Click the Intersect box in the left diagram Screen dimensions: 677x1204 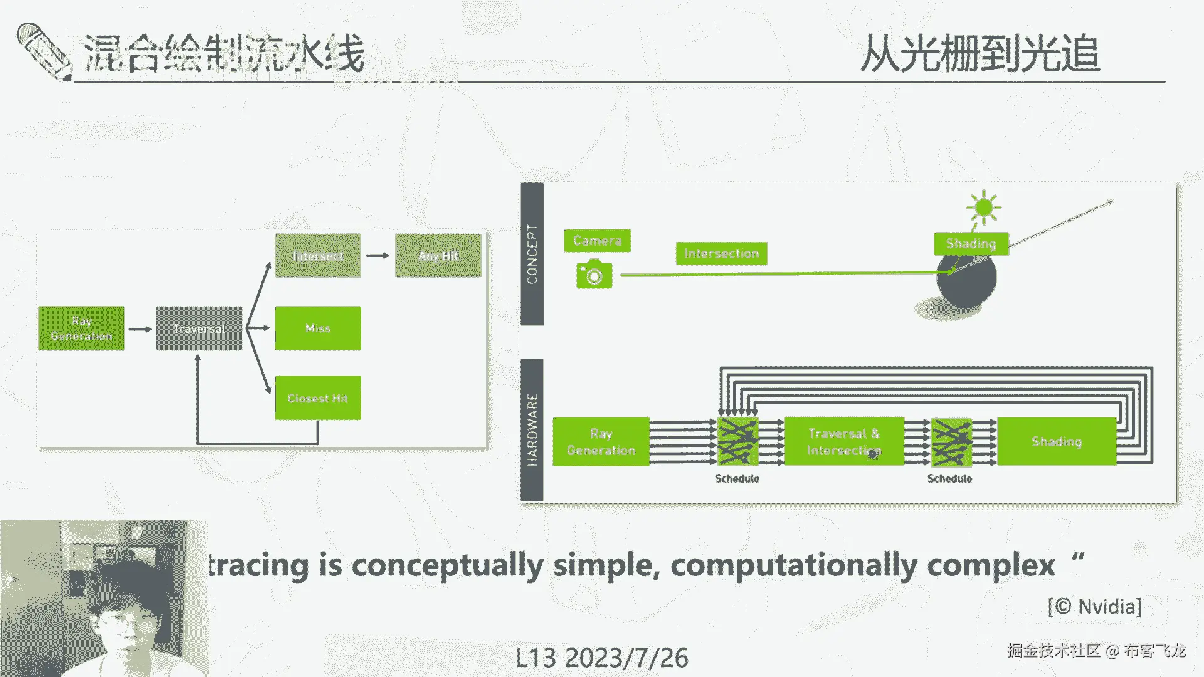(318, 256)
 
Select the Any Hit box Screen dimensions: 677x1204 (438, 256)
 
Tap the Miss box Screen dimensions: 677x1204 (318, 328)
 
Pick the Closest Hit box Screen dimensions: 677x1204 (318, 398)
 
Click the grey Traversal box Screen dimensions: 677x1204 (199, 328)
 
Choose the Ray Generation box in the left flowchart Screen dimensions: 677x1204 (82, 328)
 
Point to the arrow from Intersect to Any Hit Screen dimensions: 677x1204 (378, 256)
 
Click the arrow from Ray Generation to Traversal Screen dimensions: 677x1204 (140, 329)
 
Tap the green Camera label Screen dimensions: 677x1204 (597, 241)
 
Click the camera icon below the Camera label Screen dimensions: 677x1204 (594, 275)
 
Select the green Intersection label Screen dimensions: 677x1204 (721, 253)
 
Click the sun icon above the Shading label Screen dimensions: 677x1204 (983, 207)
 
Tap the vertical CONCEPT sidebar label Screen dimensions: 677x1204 (532, 254)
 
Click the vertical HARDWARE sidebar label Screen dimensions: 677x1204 (532, 430)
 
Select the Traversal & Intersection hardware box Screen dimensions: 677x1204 (844, 442)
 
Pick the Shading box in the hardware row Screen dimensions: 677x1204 (1057, 442)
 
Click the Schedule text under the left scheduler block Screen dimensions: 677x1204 (737, 479)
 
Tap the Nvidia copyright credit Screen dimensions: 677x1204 (1094, 607)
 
